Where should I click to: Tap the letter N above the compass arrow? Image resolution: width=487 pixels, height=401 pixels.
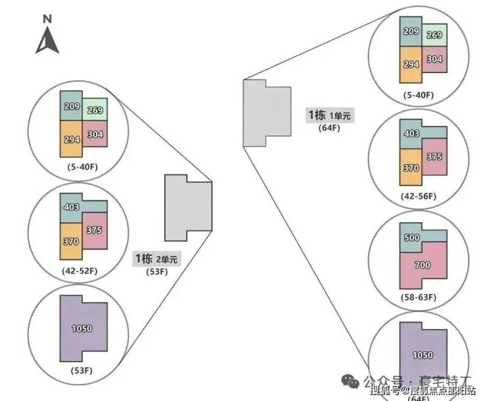pos(47,19)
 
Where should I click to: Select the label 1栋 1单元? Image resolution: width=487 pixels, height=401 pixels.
pos(329,115)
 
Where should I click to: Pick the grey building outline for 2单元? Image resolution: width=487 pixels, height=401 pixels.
pos(187,207)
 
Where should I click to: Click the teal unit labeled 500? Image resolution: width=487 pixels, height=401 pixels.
pos(412,237)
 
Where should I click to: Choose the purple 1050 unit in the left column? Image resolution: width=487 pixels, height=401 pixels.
pos(82,328)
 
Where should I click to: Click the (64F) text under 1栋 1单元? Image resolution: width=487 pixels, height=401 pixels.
pos(328,128)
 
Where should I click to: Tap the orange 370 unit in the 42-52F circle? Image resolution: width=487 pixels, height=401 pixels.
pos(70,241)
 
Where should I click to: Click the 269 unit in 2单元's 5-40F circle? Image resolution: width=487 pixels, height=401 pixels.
pos(95,110)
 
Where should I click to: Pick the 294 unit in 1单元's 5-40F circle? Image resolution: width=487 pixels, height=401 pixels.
pos(411,64)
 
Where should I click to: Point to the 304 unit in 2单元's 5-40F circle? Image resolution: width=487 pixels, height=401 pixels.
pos(95,134)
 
